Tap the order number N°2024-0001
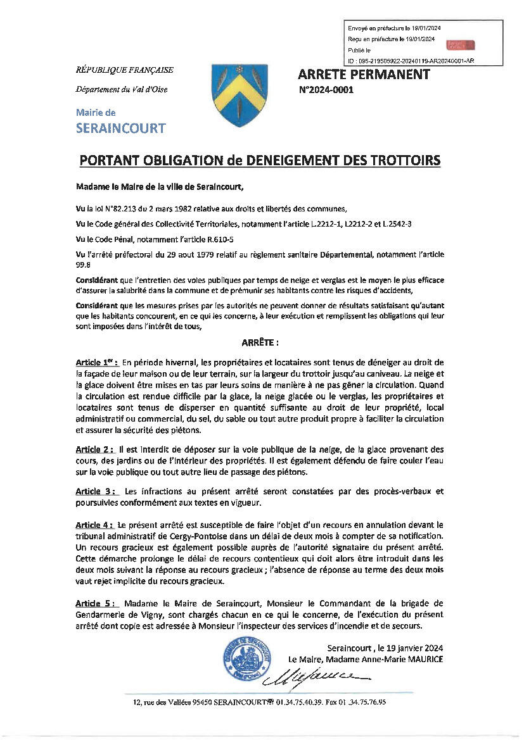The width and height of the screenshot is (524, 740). coord(326,91)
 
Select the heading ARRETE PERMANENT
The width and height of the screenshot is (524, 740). coord(364,75)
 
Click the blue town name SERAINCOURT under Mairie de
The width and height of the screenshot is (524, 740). coord(120,129)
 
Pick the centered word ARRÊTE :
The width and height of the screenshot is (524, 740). coord(260,342)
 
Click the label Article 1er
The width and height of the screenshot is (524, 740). coord(96,363)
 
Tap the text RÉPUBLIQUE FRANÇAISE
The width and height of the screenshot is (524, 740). coord(125,70)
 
